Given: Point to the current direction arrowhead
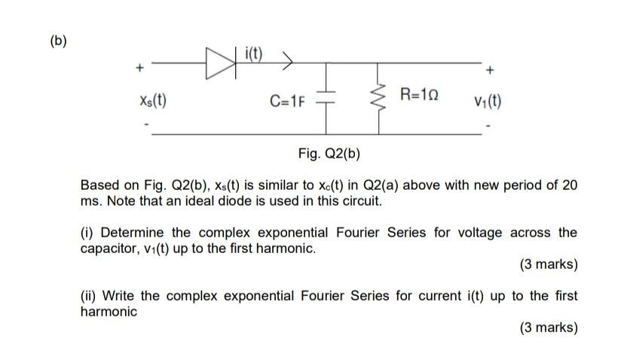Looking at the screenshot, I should pyautogui.click(x=287, y=59).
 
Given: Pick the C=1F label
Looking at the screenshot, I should pyautogui.click(x=287, y=101).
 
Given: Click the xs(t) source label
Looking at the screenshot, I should pyautogui.click(x=153, y=100).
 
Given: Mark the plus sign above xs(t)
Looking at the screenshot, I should pyautogui.click(x=139, y=70).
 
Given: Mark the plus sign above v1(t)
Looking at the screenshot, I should pyautogui.click(x=490, y=72).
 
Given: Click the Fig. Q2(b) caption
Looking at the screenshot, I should pyautogui.click(x=329, y=154).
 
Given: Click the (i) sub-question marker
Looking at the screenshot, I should pyautogui.click(x=87, y=232).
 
